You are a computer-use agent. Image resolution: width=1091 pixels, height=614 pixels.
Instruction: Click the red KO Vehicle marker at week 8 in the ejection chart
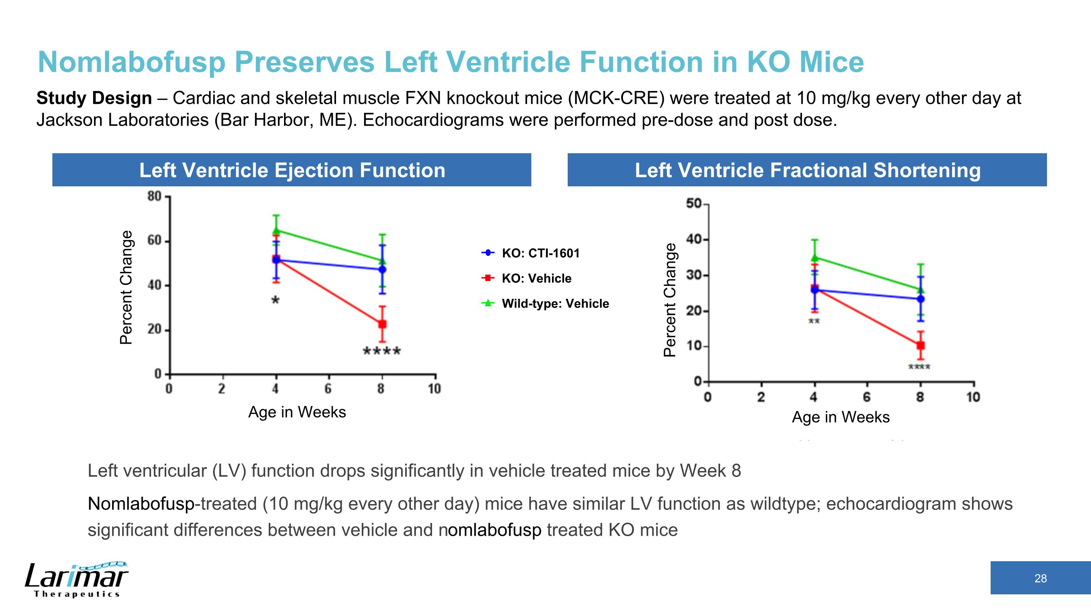tap(382, 324)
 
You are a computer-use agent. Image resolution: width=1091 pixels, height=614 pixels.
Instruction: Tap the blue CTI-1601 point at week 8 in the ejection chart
tap(382, 269)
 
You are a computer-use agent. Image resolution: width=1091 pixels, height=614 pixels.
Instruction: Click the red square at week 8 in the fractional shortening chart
tap(920, 345)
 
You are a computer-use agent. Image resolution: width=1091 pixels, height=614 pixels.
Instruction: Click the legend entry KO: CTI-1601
tap(540, 253)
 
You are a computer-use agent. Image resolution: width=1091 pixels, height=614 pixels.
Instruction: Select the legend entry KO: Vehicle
tap(536, 278)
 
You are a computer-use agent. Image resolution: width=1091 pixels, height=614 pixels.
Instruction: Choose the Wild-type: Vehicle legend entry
tap(555, 304)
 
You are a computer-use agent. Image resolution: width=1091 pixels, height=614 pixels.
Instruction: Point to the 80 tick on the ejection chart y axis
tap(155, 197)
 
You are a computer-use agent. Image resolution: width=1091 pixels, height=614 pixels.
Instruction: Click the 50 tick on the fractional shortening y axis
tap(694, 204)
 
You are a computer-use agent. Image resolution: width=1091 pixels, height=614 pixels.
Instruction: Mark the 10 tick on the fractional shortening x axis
tap(973, 397)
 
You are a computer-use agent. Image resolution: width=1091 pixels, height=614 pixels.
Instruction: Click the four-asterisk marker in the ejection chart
tap(382, 351)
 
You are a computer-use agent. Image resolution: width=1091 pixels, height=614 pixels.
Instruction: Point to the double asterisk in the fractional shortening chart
tap(814, 322)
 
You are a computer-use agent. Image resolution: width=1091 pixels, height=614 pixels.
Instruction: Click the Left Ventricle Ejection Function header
tap(292, 170)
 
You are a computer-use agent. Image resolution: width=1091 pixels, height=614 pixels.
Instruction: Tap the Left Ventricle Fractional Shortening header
tap(807, 170)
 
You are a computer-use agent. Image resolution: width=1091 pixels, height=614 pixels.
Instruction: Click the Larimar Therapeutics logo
tap(76, 579)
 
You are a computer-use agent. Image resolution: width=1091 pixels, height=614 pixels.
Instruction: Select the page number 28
tap(1040, 578)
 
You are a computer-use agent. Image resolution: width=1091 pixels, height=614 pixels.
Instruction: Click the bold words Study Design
tap(94, 98)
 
